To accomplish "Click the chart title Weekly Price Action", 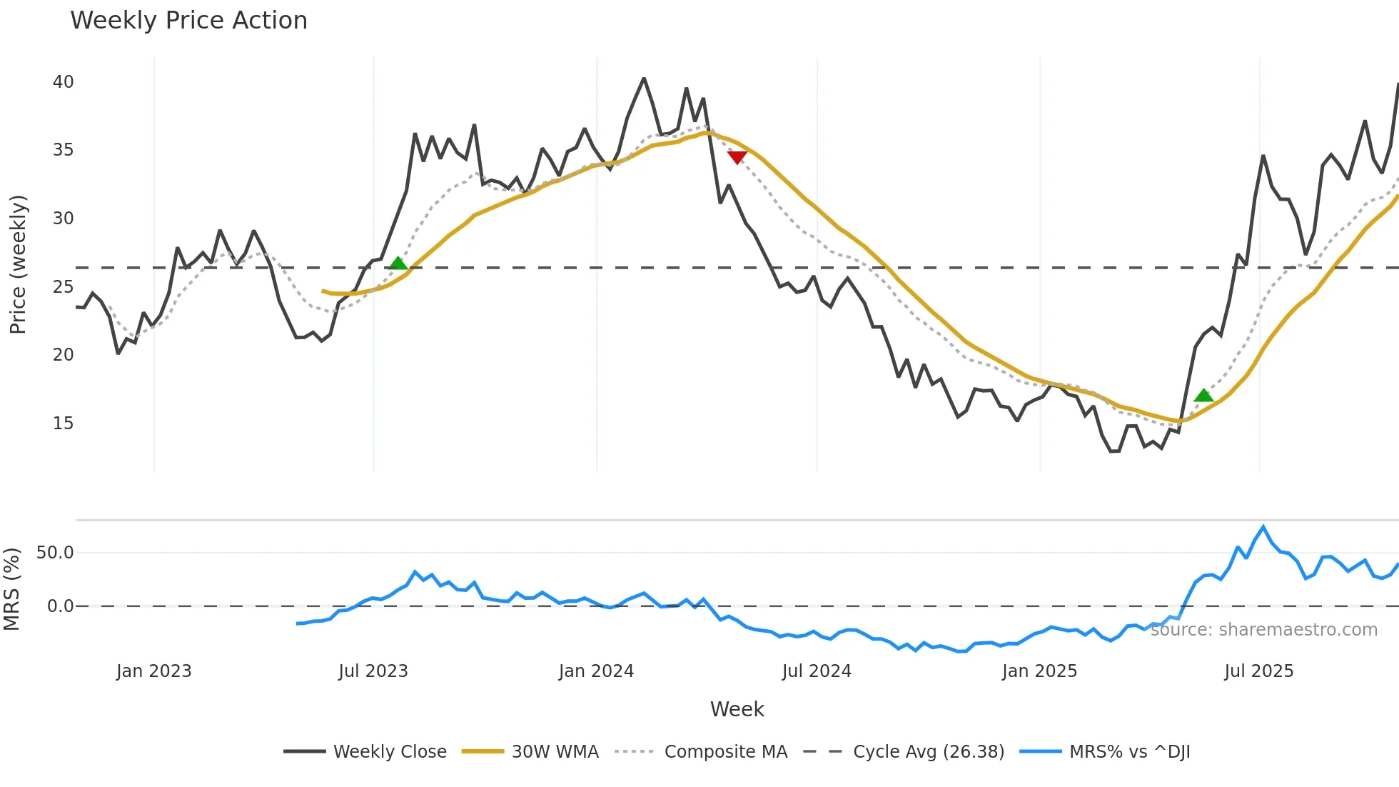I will tap(188, 21).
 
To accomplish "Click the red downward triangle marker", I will tap(737, 157).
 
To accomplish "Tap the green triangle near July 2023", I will tap(398, 264).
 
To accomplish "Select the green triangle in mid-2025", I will tap(1203, 396).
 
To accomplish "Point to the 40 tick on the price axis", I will tap(63, 82).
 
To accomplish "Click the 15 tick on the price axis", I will tap(63, 423).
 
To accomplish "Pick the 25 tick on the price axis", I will tap(63, 287).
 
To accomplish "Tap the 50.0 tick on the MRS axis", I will tap(55, 553).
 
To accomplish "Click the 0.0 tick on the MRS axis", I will tap(60, 606).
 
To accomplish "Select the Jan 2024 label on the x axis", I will tap(596, 671).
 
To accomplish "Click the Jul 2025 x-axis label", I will tap(1258, 671).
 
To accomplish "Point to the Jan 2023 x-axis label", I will tap(153, 671).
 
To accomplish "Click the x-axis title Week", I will tap(737, 709).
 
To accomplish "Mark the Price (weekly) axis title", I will tap(18, 264).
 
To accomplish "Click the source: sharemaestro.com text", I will tap(1263, 630).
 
